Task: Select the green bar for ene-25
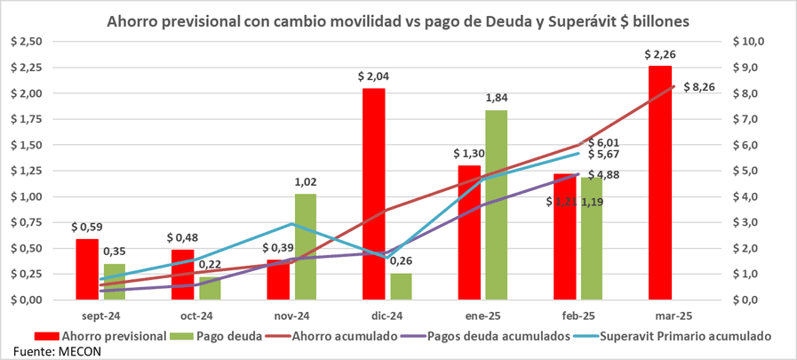pyautogui.click(x=497, y=204)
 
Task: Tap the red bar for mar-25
pyautogui.click(x=659, y=182)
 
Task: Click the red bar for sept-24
pyautogui.click(x=87, y=268)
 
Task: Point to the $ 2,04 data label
pyautogui.click(x=373, y=77)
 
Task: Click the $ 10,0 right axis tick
pyautogui.click(x=748, y=42)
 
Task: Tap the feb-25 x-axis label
pyautogui.click(x=578, y=315)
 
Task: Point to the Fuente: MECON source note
pyautogui.click(x=44, y=351)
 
